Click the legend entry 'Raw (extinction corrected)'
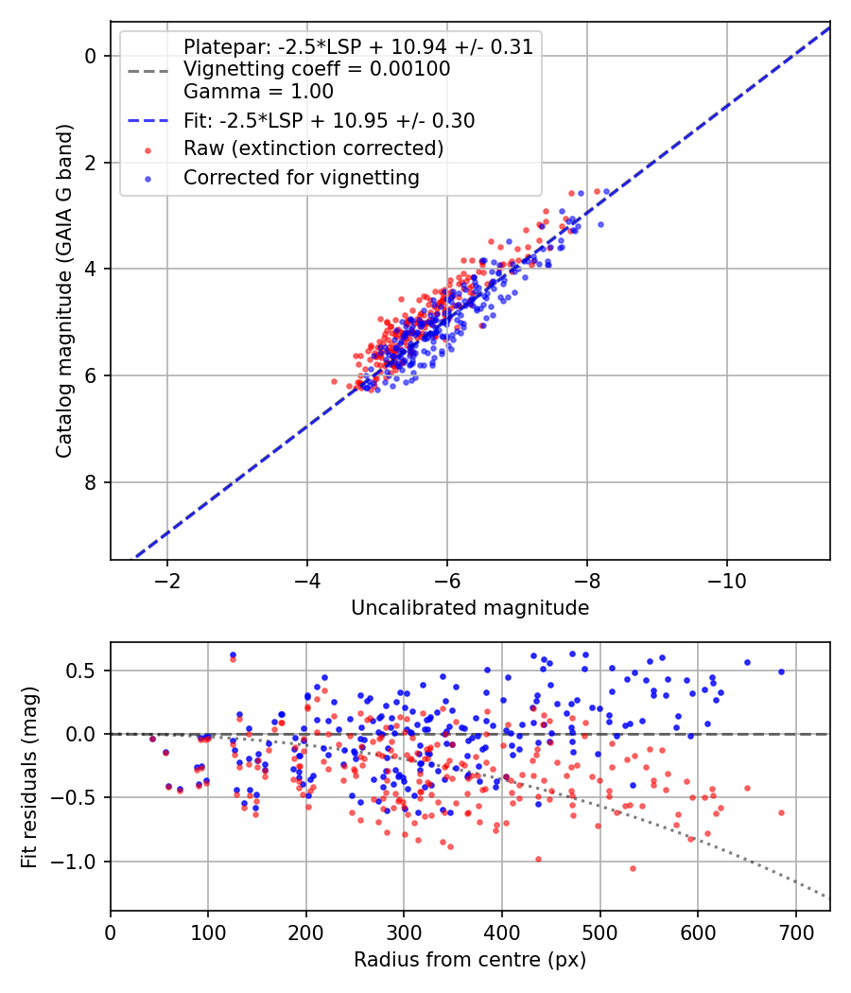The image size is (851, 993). pyautogui.click(x=313, y=148)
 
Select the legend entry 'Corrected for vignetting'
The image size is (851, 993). pyautogui.click(x=302, y=178)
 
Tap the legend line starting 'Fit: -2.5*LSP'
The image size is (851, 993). pyautogui.click(x=329, y=120)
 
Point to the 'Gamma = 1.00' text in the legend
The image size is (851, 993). pyautogui.click(x=258, y=92)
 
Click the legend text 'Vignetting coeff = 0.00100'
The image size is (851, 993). pyautogui.click(x=317, y=69)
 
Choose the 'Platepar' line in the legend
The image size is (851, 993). pyautogui.click(x=358, y=46)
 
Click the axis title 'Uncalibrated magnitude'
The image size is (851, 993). pyautogui.click(x=470, y=608)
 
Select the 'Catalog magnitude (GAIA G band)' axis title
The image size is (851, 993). pyautogui.click(x=64, y=290)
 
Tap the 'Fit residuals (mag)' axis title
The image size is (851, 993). pyautogui.click(x=29, y=777)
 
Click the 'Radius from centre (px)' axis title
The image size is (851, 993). pyautogui.click(x=470, y=960)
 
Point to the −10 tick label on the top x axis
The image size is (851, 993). pyautogui.click(x=726, y=581)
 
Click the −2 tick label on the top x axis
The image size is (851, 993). pyautogui.click(x=167, y=581)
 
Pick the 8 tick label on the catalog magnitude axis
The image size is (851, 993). pyautogui.click(x=90, y=482)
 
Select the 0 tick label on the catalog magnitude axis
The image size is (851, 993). pyautogui.click(x=90, y=57)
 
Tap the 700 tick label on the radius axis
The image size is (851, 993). pyautogui.click(x=795, y=932)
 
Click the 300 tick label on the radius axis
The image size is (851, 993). pyautogui.click(x=404, y=932)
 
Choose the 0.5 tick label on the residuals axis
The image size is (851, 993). pyautogui.click(x=81, y=671)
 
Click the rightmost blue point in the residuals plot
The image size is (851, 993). pyautogui.click(x=781, y=671)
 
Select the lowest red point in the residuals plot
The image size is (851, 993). pyautogui.click(x=633, y=868)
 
